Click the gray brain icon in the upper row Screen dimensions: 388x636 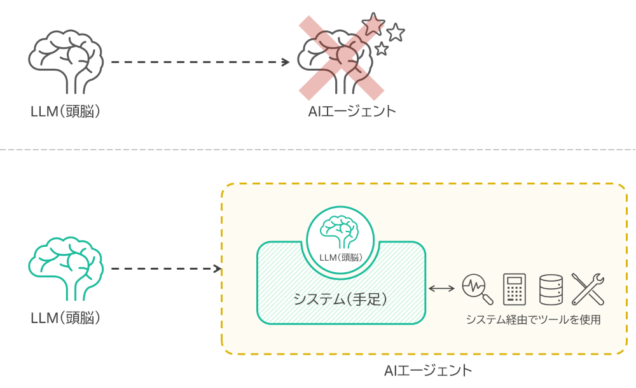coord(66,61)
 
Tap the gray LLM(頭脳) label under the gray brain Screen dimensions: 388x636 coord(66,111)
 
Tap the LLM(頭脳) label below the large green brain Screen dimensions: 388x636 coord(66,317)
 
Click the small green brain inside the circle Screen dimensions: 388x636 coord(342,232)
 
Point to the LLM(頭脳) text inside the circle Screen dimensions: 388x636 coord(342,258)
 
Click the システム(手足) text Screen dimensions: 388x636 coord(340,298)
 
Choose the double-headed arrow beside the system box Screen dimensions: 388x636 coord(441,289)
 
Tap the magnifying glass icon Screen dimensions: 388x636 coord(477,289)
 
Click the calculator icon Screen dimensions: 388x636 coord(513,289)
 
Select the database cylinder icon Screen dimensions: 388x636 coord(551,289)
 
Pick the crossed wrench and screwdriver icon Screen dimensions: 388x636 coord(587,289)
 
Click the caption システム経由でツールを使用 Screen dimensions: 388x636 coord(533,319)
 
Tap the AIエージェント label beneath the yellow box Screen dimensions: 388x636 coord(428,370)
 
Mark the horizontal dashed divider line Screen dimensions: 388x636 coord(318,150)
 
